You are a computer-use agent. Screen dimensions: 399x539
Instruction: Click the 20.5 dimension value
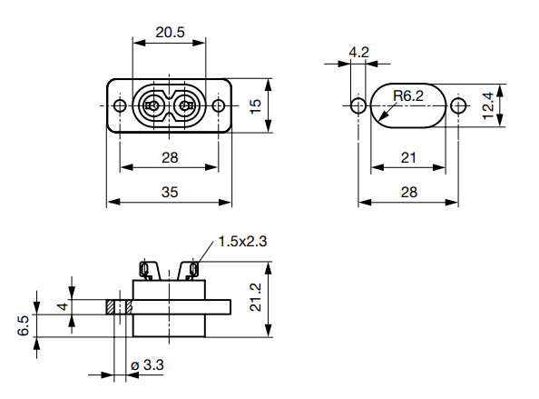[x=170, y=32]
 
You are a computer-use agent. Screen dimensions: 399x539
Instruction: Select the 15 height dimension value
[x=257, y=105]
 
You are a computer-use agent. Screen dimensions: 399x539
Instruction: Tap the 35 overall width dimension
[x=170, y=192]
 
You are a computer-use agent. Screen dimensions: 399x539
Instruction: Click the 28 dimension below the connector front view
[x=170, y=157]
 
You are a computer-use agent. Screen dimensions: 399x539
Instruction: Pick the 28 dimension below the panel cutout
[x=408, y=192]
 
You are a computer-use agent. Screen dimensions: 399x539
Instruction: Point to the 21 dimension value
[x=408, y=157]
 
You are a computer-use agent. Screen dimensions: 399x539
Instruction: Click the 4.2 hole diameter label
[x=358, y=52]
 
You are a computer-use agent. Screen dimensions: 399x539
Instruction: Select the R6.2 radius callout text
[x=408, y=95]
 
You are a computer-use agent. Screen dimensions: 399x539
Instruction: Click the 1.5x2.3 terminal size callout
[x=241, y=242]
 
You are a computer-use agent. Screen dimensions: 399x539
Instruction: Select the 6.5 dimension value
[x=24, y=325]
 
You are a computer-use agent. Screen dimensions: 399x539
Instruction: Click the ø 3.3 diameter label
[x=147, y=365]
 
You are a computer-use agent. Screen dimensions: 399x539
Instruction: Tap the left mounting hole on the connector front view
[x=120, y=105]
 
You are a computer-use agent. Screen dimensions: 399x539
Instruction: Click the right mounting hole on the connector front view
[x=219, y=105]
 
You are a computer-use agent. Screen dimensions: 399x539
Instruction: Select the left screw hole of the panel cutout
[x=358, y=106]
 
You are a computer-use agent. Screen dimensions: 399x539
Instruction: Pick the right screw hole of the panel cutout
[x=458, y=106]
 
